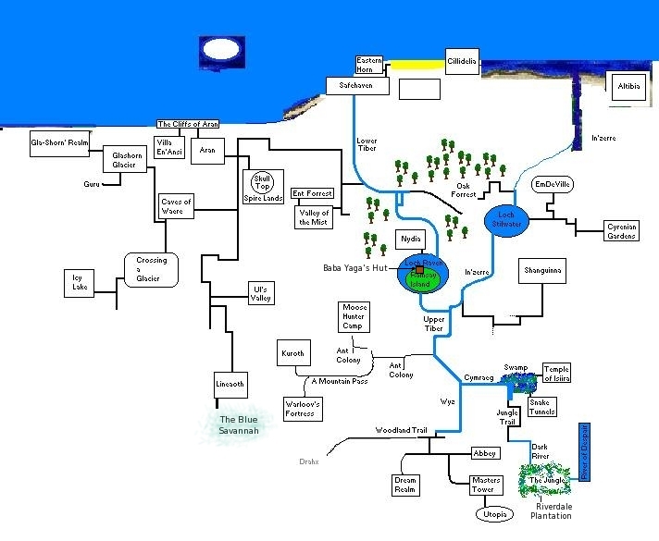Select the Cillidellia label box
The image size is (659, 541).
tap(462, 61)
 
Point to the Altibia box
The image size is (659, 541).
tap(629, 86)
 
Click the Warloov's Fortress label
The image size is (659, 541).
tap(303, 408)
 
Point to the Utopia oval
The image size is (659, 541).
tap(491, 513)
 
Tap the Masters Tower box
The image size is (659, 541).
tap(486, 485)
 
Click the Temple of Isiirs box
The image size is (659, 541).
tap(557, 373)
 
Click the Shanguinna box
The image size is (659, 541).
tap(542, 271)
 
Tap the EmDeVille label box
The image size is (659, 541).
tap(553, 185)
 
